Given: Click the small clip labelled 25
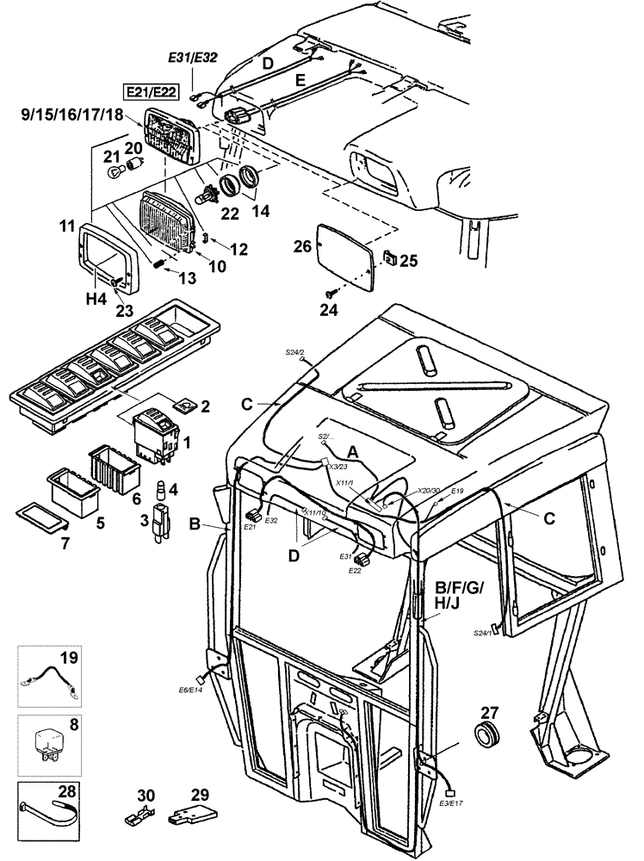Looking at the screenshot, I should point(391,257).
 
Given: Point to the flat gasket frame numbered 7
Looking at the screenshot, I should point(40,519).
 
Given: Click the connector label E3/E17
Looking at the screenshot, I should point(452,803).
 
